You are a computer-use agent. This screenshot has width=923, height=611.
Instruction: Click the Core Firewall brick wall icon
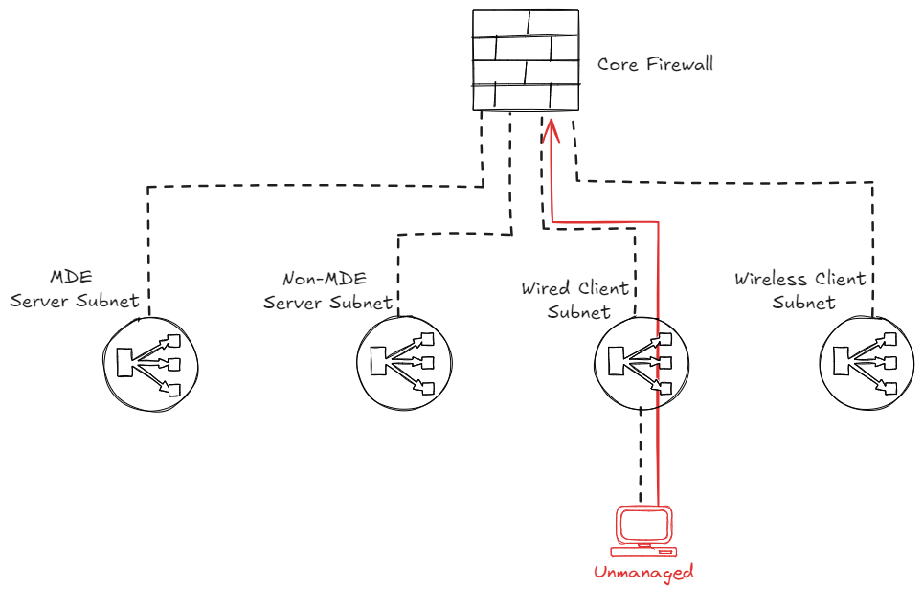click(x=526, y=60)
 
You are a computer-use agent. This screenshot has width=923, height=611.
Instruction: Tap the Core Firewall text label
click(x=655, y=65)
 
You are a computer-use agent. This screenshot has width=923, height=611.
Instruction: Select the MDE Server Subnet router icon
click(x=150, y=362)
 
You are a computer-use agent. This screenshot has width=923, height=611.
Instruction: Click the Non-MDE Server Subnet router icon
click(x=404, y=363)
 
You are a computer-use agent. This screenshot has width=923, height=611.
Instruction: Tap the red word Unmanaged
click(x=642, y=573)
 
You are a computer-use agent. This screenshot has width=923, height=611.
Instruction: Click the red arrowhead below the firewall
click(x=552, y=127)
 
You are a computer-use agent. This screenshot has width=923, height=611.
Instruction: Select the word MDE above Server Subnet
click(x=73, y=278)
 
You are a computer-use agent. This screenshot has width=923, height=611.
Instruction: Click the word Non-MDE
click(x=324, y=280)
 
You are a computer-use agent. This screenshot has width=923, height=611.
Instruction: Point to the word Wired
click(x=545, y=289)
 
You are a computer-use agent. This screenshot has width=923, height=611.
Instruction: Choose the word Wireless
click(x=767, y=280)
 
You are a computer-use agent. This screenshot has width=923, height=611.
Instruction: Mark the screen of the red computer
click(x=644, y=525)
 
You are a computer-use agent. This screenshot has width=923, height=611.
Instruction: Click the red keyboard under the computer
click(x=644, y=551)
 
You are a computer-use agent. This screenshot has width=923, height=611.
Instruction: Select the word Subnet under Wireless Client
click(x=804, y=303)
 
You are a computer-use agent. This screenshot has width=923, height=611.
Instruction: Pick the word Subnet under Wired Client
click(x=579, y=312)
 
